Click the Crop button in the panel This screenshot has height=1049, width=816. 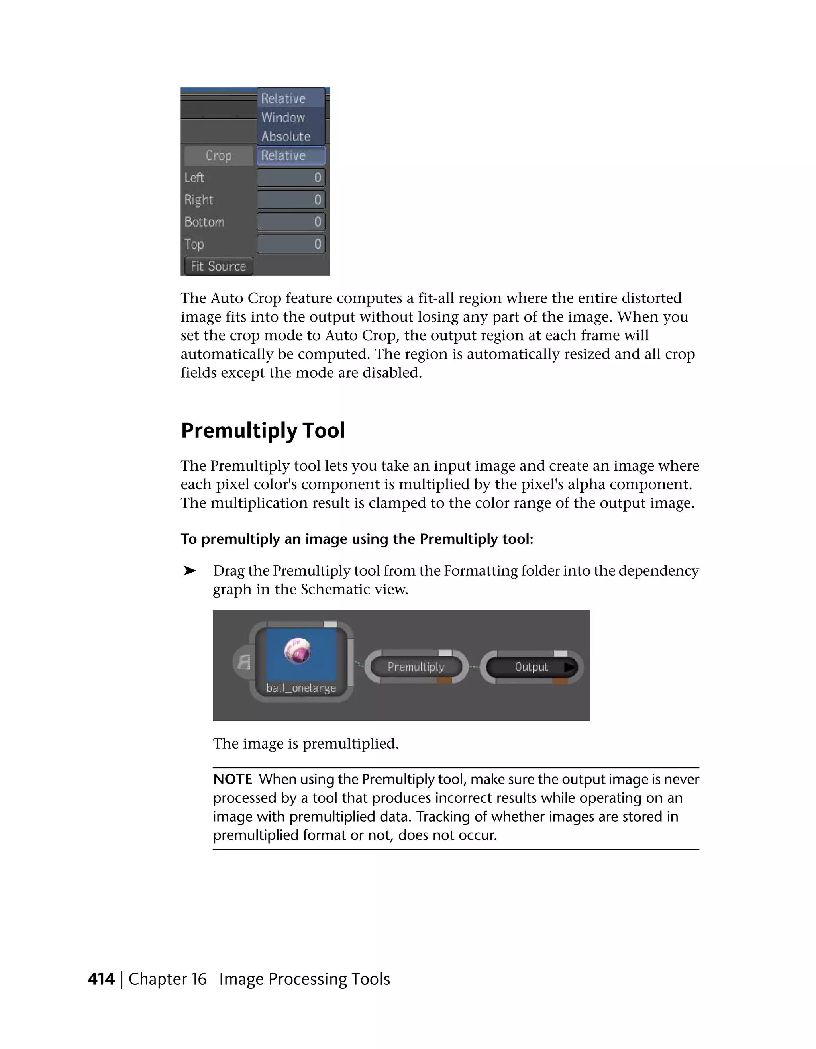tap(218, 156)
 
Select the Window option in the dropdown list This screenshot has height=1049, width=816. tap(283, 118)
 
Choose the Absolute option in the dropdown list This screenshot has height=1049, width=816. tap(286, 137)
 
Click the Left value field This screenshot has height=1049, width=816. tap(291, 178)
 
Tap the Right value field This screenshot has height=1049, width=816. tap(291, 200)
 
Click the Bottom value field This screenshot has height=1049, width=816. tap(291, 222)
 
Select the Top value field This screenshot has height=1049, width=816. tap(291, 244)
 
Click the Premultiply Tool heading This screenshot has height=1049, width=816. tap(263, 430)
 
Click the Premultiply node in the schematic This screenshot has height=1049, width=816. tap(416, 667)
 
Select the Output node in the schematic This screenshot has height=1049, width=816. tap(531, 667)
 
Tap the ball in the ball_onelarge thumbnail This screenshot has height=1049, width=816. tap(297, 651)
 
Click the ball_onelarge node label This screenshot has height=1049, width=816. tap(301, 688)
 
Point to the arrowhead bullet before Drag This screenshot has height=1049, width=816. tap(190, 571)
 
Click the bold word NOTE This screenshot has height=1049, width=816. tap(232, 779)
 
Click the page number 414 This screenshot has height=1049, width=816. tap(101, 979)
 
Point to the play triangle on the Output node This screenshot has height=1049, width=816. tap(570, 667)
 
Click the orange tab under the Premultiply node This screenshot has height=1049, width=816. tap(444, 680)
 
